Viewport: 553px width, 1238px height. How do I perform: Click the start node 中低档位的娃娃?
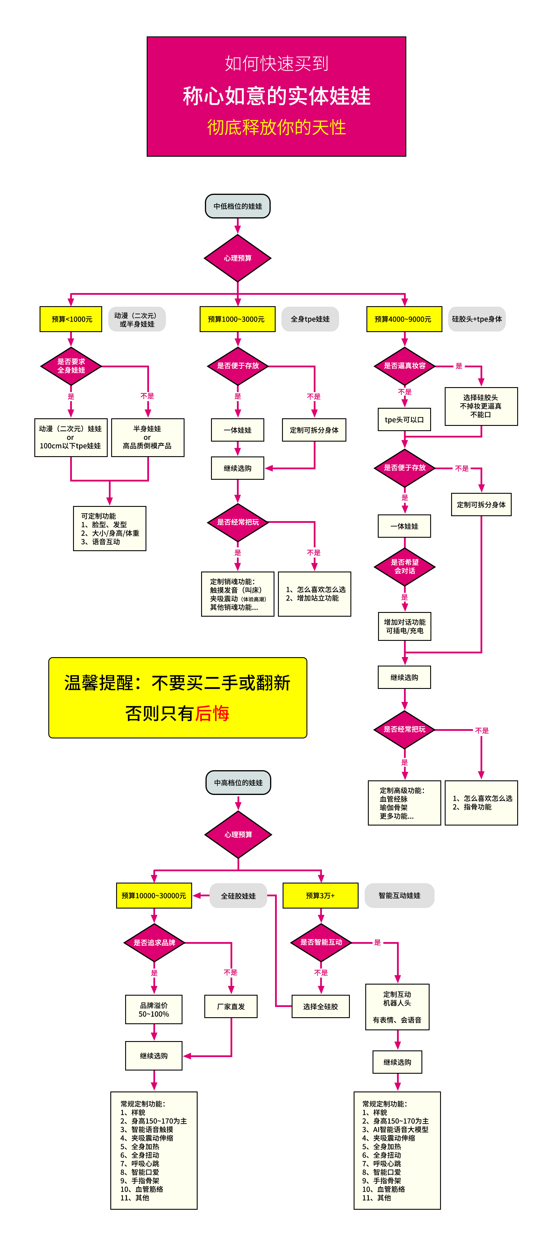(237, 206)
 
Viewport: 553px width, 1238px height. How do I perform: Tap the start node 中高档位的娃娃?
(238, 782)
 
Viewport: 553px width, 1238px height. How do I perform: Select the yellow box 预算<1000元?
(71, 319)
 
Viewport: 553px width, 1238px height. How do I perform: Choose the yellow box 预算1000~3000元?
(237, 319)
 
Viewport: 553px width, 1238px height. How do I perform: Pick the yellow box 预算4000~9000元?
(404, 319)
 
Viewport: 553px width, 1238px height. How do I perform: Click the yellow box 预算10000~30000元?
(154, 895)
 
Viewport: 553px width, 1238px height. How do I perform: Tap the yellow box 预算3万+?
(320, 895)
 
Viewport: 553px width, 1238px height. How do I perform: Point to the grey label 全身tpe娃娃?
(310, 319)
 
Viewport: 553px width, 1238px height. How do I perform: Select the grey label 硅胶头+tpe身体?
(477, 319)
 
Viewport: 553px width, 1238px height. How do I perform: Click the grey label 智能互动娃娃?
(399, 895)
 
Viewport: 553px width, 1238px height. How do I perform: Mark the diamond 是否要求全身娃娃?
(71, 366)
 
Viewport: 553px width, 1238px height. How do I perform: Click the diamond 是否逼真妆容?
(405, 366)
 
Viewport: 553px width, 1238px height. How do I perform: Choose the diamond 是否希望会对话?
(405, 567)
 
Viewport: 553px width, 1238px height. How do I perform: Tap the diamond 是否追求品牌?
(154, 942)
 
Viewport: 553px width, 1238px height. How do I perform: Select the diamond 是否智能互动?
(321, 942)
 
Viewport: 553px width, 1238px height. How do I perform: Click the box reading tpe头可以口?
(404, 419)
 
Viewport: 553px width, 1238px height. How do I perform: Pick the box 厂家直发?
(231, 1006)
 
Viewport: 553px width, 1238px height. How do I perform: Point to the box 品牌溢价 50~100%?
(154, 1009)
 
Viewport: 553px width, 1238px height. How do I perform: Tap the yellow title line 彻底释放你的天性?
(276, 127)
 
